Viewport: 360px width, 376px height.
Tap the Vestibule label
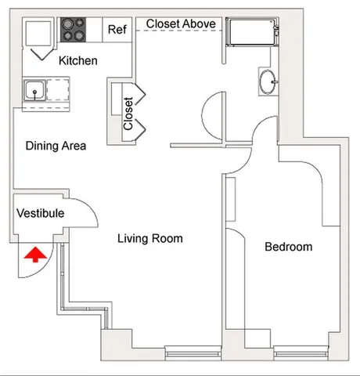click(40, 213)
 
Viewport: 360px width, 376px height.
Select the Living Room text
click(149, 238)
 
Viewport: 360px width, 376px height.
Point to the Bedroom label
click(288, 247)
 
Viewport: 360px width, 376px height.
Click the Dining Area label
click(55, 146)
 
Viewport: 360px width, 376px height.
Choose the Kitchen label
click(78, 60)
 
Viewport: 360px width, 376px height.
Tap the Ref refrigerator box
click(117, 30)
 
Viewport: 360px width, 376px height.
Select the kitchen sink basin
click(34, 92)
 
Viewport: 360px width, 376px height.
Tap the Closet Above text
click(181, 24)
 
